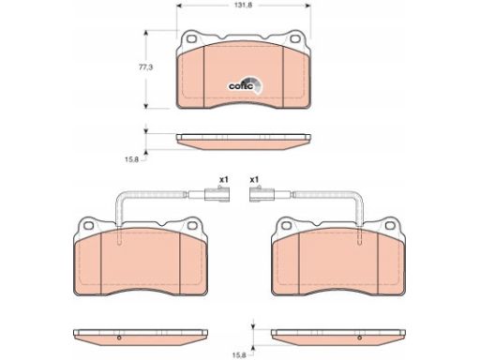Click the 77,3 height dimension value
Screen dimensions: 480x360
pos(146,67)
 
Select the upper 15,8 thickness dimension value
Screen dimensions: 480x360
pos(131,159)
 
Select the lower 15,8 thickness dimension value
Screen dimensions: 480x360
pos(239,355)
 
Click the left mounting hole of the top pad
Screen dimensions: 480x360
pos(190,39)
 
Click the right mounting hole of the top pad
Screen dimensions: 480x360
pos(294,39)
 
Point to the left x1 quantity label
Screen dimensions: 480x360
pos(224,180)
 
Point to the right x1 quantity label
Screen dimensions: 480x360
pos(254,180)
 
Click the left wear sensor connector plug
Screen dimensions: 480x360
pos(217,194)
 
